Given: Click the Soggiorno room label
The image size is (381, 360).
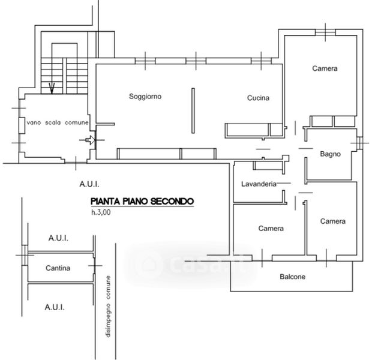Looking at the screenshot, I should [145, 97].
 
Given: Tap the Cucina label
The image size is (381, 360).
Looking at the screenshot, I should [258, 98].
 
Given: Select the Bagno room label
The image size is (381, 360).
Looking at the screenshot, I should [330, 154].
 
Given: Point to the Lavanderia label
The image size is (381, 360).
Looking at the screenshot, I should [259, 184].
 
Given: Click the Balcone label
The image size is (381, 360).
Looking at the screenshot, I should [293, 277].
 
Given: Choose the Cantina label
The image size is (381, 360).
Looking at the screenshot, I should [58, 268].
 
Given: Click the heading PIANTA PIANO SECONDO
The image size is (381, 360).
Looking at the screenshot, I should [142, 202].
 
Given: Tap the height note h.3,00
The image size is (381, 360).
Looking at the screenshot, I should [101, 212].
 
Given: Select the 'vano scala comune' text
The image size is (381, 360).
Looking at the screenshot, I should [58, 123].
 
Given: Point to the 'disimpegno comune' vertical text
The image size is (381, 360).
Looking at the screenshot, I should [109, 306].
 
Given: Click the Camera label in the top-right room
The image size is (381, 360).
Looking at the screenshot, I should [325, 69].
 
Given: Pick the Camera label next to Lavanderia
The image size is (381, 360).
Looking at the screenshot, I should [271, 229].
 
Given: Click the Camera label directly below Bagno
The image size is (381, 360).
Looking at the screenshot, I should [332, 221].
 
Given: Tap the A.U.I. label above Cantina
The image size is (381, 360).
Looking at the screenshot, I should [58, 238].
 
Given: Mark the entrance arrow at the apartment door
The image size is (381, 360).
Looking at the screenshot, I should [89, 141].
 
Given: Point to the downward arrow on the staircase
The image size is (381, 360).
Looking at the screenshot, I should [52, 89].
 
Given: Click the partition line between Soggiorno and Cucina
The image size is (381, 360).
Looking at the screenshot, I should [193, 112].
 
